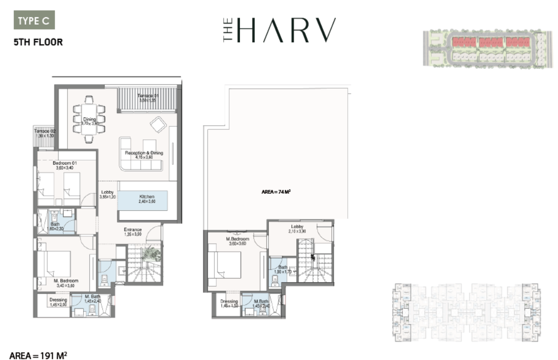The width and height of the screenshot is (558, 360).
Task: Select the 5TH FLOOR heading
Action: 38,42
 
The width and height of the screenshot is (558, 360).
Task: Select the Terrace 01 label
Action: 147,95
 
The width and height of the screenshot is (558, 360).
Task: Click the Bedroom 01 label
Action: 65,163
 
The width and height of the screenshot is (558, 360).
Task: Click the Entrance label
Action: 133,230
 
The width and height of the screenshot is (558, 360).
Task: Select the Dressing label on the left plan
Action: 58,300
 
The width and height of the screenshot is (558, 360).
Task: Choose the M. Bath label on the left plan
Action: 92,297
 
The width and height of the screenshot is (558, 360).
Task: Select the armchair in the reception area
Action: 158,124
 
